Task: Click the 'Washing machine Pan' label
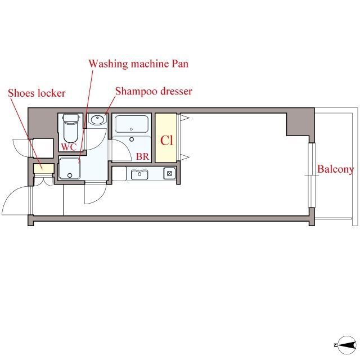pyautogui.click(x=138, y=64)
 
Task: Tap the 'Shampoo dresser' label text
pyautogui.click(x=154, y=91)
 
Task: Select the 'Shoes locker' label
pyautogui.click(x=37, y=93)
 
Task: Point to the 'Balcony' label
pyautogui.click(x=335, y=170)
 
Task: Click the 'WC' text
pyautogui.click(x=69, y=147)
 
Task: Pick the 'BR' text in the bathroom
pyautogui.click(x=142, y=156)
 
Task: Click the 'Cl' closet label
pyautogui.click(x=166, y=140)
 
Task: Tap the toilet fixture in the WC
pyautogui.click(x=70, y=128)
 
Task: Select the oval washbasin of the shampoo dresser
pyautogui.click(x=97, y=120)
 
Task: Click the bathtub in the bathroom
pyautogui.click(x=132, y=124)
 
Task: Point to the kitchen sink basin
pyautogui.click(x=139, y=174)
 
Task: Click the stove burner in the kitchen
pyautogui.click(x=170, y=174)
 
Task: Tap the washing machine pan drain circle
pyautogui.click(x=70, y=175)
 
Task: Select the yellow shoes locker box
pyautogui.click(x=44, y=169)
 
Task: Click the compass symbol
pyautogui.click(x=346, y=345)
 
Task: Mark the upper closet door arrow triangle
pyautogui.click(x=184, y=118)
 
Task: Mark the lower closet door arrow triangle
pyautogui.click(x=184, y=157)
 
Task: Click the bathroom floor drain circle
pyautogui.click(x=132, y=139)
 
